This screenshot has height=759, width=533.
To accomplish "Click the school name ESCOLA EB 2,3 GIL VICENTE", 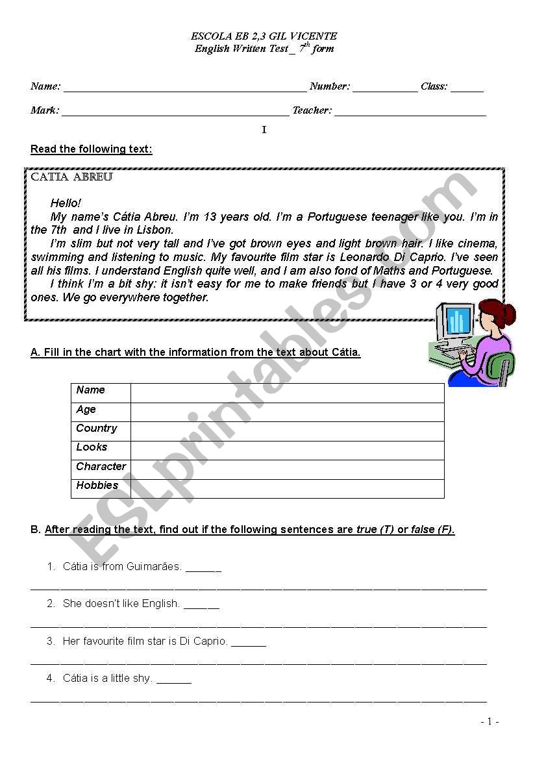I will tap(264, 36).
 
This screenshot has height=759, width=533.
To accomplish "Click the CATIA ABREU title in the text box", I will tap(72, 177).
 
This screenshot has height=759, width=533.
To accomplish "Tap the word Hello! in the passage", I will tap(66, 203).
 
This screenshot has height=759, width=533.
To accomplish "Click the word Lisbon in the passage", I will tap(157, 230).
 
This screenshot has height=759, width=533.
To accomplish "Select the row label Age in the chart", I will tap(86, 410).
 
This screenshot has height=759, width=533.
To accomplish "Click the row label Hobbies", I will tap(97, 486).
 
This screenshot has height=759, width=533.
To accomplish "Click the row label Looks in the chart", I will tap(92, 447).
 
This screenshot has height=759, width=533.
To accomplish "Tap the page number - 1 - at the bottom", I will tap(490, 721).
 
